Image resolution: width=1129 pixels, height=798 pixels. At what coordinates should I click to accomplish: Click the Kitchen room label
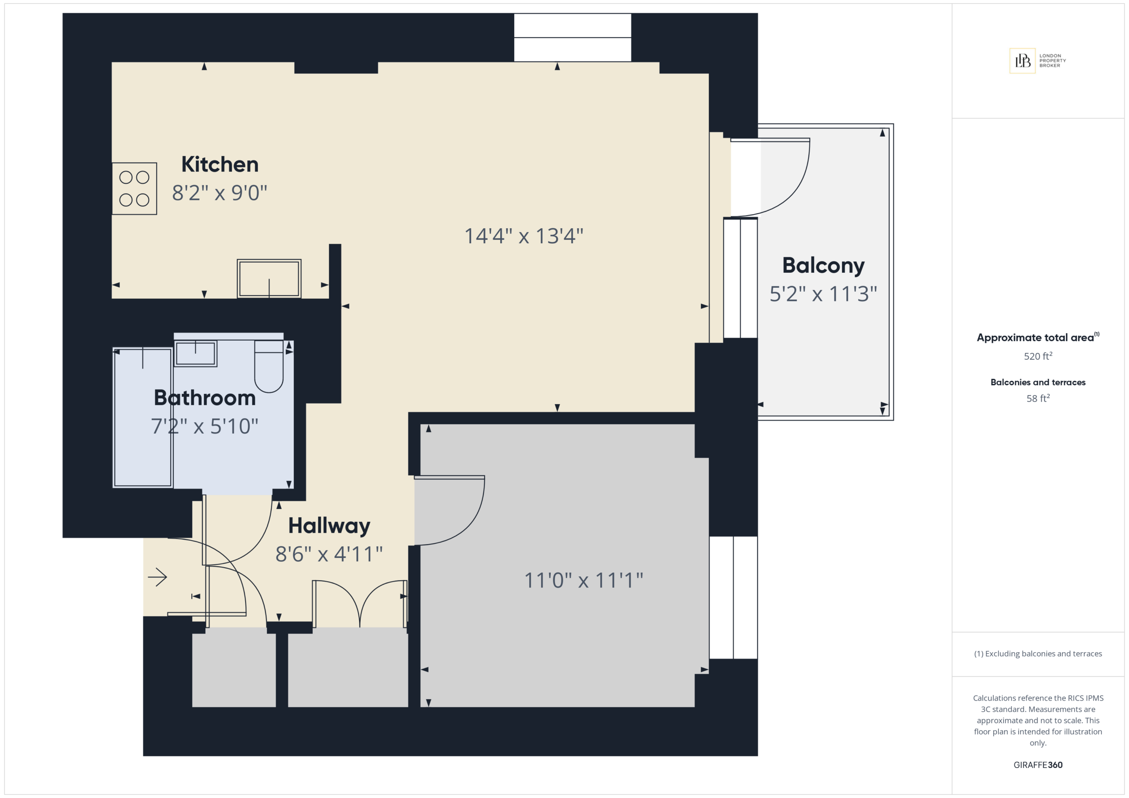(220, 164)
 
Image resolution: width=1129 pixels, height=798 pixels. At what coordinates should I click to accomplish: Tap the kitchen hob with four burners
(134, 189)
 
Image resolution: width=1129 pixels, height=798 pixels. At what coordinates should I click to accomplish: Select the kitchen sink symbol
(269, 278)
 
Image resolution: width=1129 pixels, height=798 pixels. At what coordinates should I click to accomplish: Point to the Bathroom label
(205, 397)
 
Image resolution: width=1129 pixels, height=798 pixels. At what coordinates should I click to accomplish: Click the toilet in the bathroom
(269, 367)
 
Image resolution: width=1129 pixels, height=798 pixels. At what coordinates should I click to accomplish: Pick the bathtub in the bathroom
(142, 418)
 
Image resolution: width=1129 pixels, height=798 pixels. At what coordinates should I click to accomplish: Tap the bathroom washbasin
(195, 353)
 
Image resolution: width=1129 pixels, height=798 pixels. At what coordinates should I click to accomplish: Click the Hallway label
(329, 526)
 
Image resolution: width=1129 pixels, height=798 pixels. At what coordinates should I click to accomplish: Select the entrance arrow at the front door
(157, 577)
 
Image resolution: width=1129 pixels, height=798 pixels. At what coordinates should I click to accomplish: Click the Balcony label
(823, 265)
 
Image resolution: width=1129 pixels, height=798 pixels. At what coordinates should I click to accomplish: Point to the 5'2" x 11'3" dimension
(823, 294)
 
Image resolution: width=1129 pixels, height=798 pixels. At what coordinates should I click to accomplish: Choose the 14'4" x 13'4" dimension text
(523, 236)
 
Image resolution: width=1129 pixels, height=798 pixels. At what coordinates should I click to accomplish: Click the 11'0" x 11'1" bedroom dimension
(583, 580)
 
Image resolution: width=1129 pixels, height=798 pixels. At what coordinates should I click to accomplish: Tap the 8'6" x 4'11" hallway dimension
(329, 554)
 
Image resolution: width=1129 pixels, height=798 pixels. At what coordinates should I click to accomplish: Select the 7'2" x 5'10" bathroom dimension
(205, 426)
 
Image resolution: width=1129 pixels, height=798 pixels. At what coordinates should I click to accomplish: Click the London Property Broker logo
(1038, 60)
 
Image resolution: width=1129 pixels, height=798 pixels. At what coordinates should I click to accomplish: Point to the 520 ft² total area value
(1038, 356)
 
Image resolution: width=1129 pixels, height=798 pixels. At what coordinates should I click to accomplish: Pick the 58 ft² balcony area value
(1038, 398)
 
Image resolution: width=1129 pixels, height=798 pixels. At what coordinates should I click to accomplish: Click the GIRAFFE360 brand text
(1038, 765)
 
